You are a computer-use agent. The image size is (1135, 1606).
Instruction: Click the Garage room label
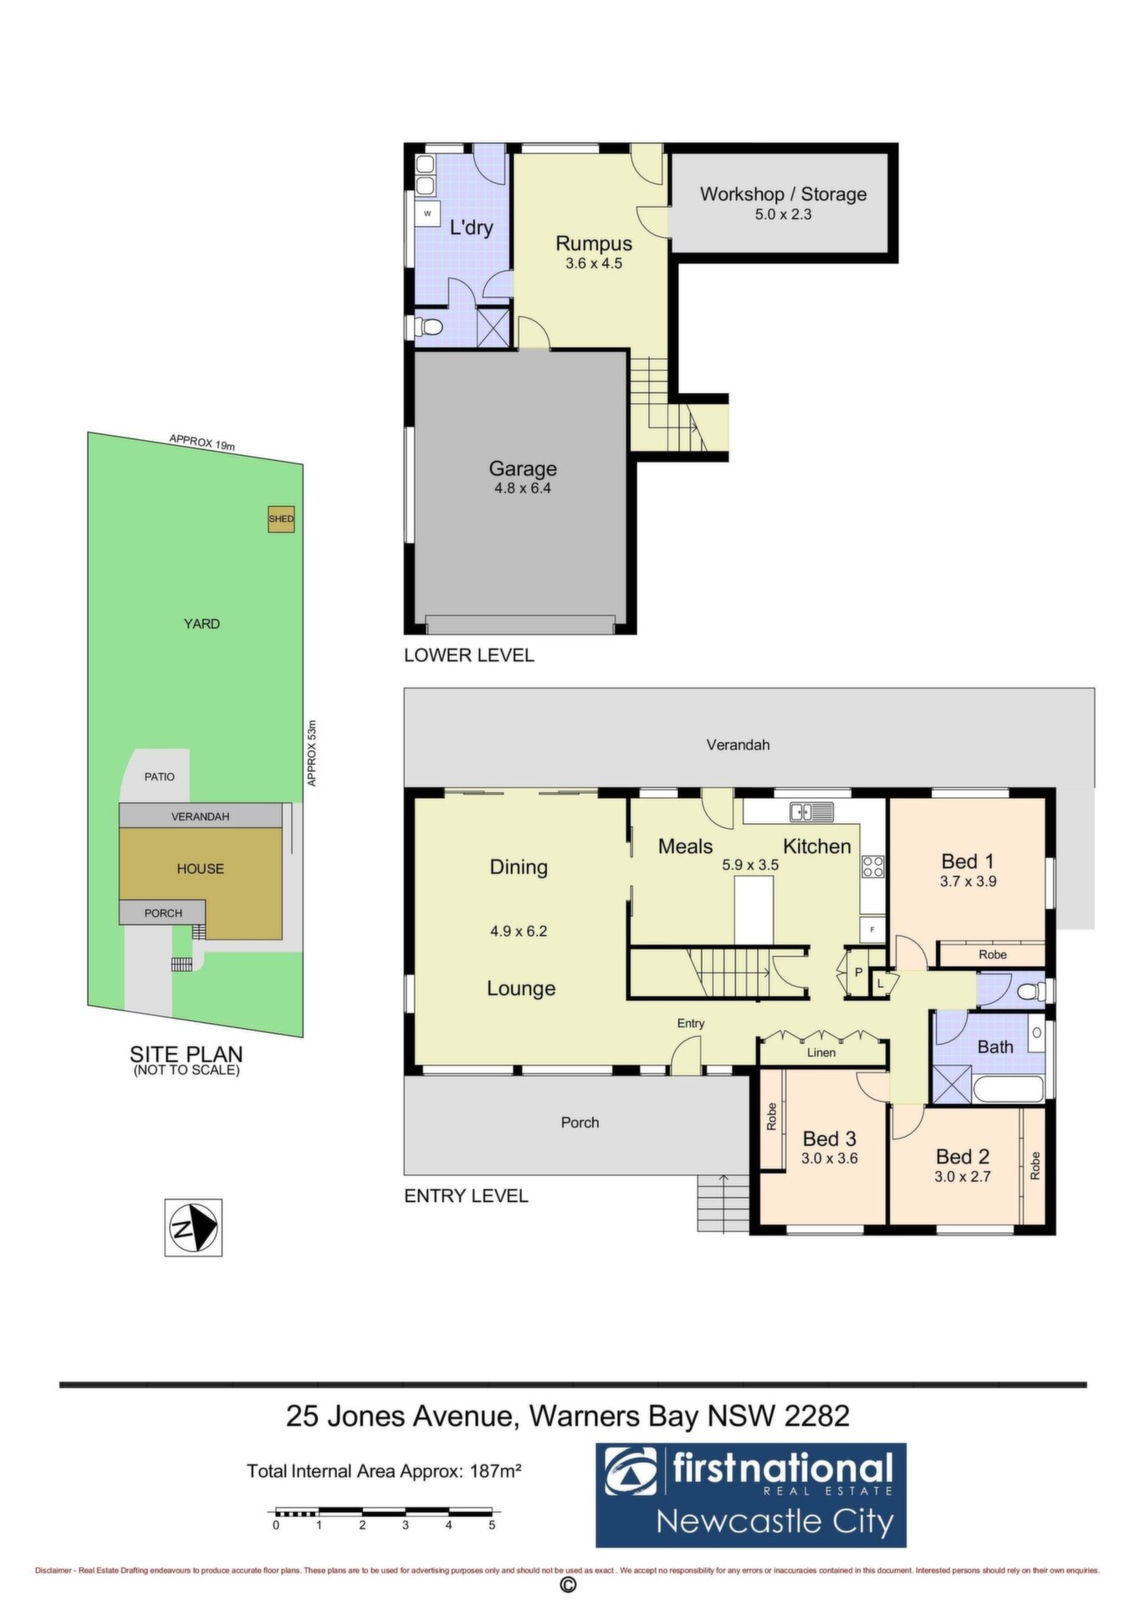pyautogui.click(x=523, y=468)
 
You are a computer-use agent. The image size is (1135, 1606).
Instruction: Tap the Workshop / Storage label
pyautogui.click(x=783, y=194)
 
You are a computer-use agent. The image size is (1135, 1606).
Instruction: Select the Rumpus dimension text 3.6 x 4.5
pyautogui.click(x=594, y=263)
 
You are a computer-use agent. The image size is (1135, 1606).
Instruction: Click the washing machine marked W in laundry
pyautogui.click(x=427, y=214)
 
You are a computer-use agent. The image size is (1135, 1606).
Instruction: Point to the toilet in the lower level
pyautogui.click(x=427, y=326)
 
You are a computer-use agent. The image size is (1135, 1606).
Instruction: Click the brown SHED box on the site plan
pyautogui.click(x=281, y=519)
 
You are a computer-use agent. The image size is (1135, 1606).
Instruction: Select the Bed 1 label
pyautogui.click(x=968, y=862)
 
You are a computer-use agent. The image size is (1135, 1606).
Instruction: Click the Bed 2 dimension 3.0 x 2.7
pyautogui.click(x=963, y=1177)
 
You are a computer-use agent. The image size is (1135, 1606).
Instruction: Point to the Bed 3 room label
pyautogui.click(x=829, y=1138)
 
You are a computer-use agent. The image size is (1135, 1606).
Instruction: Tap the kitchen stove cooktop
pyautogui.click(x=873, y=867)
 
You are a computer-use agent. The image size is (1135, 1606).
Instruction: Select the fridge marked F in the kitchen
pyautogui.click(x=872, y=929)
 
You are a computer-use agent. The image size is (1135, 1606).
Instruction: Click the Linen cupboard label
pyautogui.click(x=821, y=1052)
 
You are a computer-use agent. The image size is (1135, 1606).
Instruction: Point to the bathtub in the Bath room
pyautogui.click(x=1009, y=1090)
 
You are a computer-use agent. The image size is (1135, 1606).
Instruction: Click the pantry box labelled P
pyautogui.click(x=857, y=973)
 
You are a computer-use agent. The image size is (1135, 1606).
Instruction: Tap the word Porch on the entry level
pyautogui.click(x=580, y=1123)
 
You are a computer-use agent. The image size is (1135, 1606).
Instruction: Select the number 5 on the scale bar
pyautogui.click(x=492, y=1525)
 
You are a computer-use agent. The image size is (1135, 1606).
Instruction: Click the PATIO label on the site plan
pyautogui.click(x=160, y=777)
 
